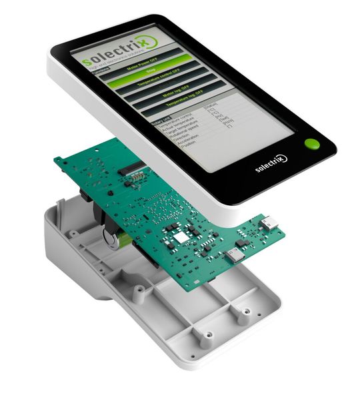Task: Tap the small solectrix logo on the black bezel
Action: (x=271, y=163)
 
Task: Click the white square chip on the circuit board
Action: (x=180, y=237)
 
